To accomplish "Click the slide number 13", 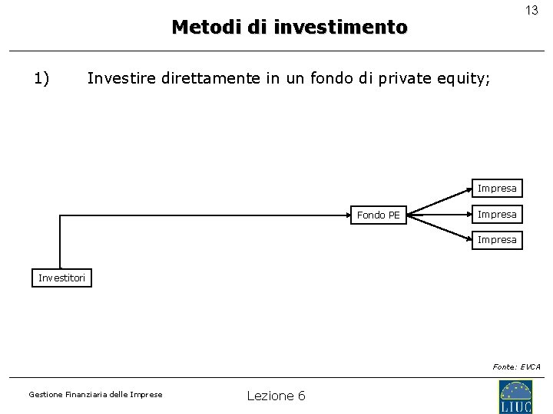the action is (531, 10).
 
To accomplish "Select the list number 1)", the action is (41, 77).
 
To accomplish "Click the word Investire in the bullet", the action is (119, 77).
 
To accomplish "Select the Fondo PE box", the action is (378, 215).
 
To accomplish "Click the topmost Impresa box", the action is (497, 189).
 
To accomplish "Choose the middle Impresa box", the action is (497, 215).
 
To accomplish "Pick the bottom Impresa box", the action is (497, 240).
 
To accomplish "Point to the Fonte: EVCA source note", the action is (516, 366).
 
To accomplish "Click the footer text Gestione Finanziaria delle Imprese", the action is (95, 395).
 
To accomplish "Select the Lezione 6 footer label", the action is (276, 396).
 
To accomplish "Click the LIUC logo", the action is (519, 398).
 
